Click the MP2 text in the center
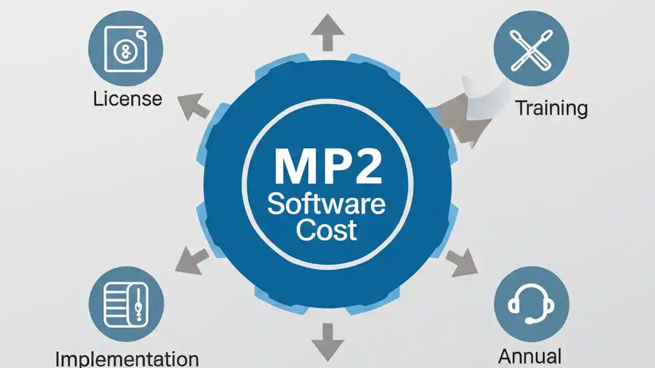coord(327,167)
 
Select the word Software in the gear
coord(326,204)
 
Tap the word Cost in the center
coord(326,230)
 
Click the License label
coord(127,99)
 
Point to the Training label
coord(551,108)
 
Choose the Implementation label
coord(126,358)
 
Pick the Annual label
coord(530,356)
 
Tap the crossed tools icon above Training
coord(531,49)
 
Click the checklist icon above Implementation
coord(126,304)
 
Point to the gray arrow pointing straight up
coord(327,32)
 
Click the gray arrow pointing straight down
coord(327,341)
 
